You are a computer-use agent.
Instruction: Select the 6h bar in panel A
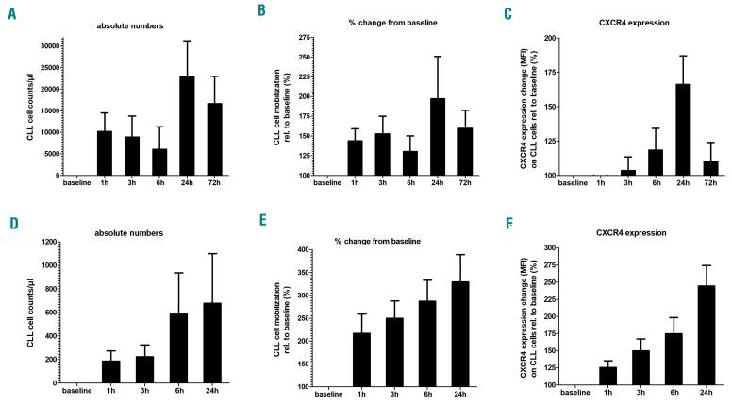pos(159,161)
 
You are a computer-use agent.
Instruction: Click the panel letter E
pos(258,227)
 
